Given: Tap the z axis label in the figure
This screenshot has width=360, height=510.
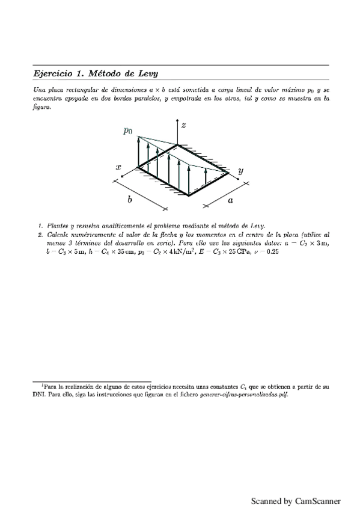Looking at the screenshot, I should [183, 124].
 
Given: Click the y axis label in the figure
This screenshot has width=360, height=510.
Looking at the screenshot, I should [240, 171].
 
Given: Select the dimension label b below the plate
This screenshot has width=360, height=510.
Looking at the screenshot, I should [129, 199].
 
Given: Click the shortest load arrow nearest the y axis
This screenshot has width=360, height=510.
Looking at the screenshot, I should [206, 176].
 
